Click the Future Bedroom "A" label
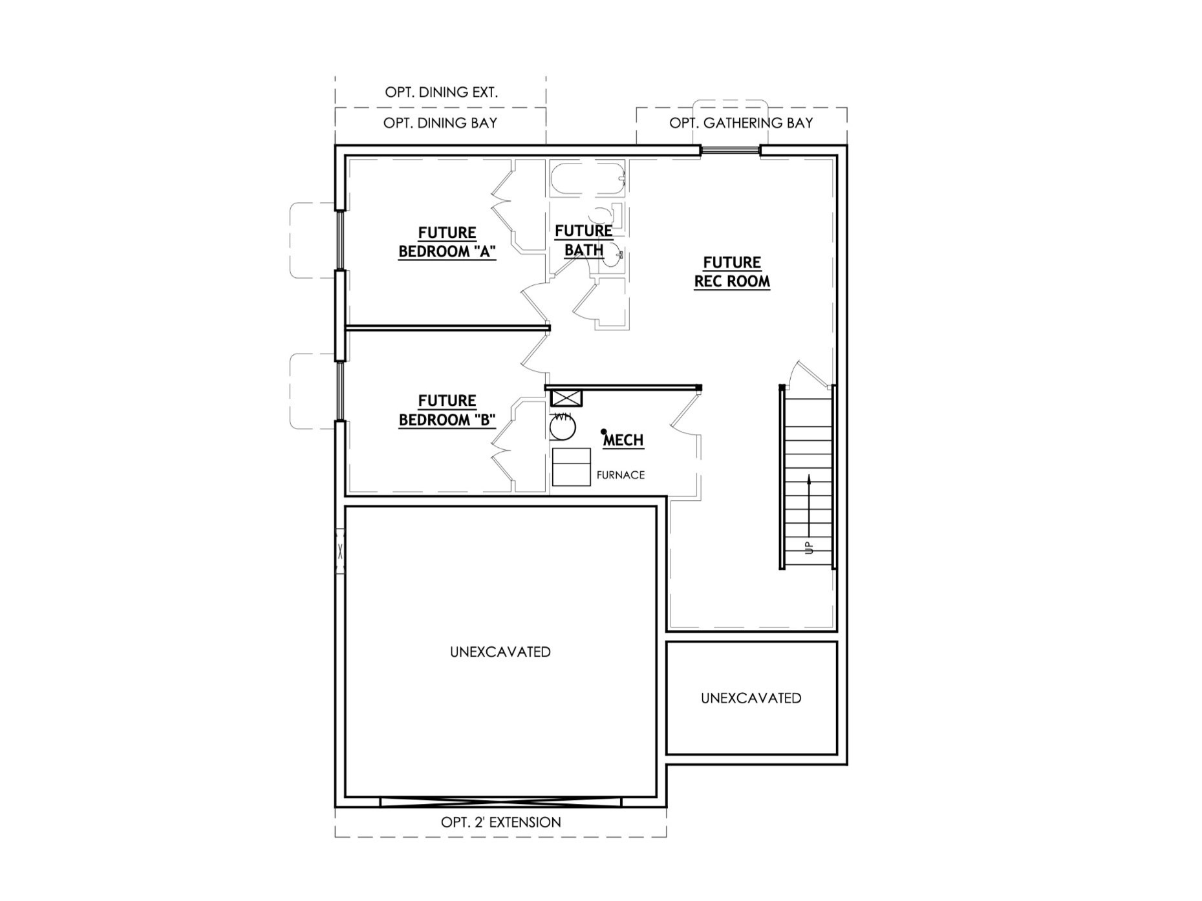(x=447, y=242)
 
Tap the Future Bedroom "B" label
(x=447, y=410)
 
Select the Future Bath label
(x=584, y=240)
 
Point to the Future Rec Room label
(x=732, y=272)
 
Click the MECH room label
(x=623, y=440)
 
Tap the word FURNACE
(x=620, y=475)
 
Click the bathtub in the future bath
(x=587, y=179)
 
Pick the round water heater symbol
(x=563, y=427)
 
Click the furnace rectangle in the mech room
(x=571, y=467)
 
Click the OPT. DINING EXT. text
(x=441, y=92)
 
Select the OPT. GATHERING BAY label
(x=741, y=123)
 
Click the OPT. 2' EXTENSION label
(x=500, y=822)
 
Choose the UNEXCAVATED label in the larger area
(x=500, y=652)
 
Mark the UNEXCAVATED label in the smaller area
(x=751, y=698)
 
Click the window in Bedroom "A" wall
(x=339, y=240)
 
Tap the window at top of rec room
(x=730, y=151)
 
